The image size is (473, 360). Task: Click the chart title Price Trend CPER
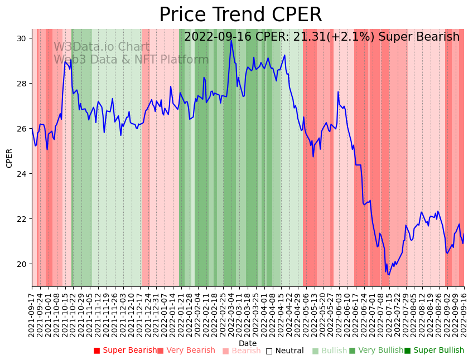pyautogui.click(x=240, y=15)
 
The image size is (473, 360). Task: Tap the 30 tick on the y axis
pyautogui.click(x=25, y=38)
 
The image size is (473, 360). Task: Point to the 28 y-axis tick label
pyautogui.click(x=25, y=84)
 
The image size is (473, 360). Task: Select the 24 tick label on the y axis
pyautogui.click(x=25, y=174)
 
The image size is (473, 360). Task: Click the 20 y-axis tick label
pyautogui.click(x=25, y=264)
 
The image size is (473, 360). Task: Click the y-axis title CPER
pyautogui.click(x=9, y=158)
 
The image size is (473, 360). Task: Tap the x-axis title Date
pyautogui.click(x=248, y=343)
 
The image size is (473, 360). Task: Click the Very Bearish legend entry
pyautogui.click(x=190, y=351)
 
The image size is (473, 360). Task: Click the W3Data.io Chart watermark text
pyautogui.click(x=102, y=47)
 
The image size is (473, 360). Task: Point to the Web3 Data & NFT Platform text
pyautogui.click(x=131, y=60)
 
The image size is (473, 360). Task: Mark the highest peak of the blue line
pyautogui.click(x=231, y=40)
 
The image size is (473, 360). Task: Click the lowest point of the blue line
pyautogui.click(x=389, y=274)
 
